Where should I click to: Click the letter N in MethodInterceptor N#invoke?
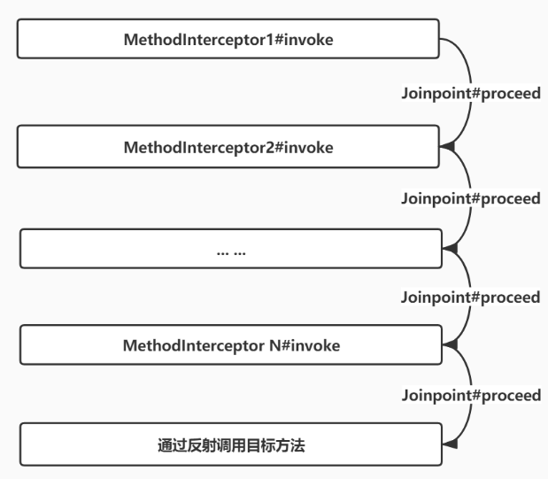coord(274,345)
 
